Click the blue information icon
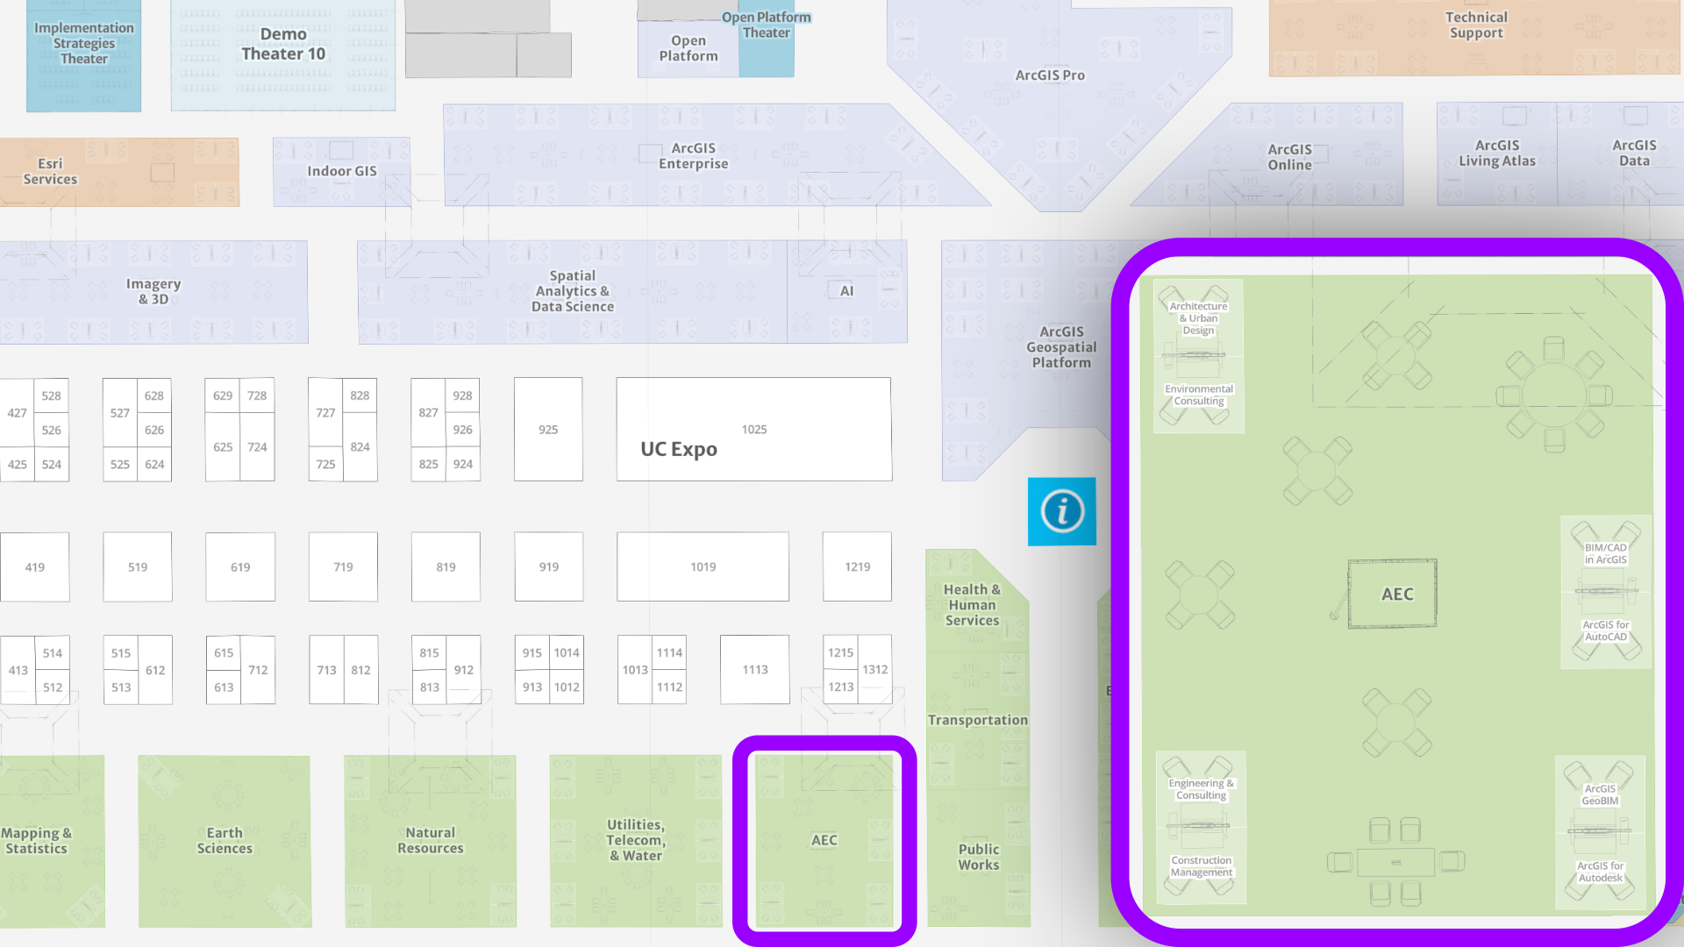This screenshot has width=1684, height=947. tap(1061, 511)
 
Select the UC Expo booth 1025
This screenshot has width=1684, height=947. tap(753, 430)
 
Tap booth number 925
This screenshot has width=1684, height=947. tap(548, 430)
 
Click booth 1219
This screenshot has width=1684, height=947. tap(857, 567)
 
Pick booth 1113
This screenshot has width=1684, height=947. tap(754, 670)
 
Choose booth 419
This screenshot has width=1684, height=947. tap(34, 567)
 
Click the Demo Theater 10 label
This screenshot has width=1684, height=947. tap(283, 44)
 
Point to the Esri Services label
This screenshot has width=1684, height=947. tap(50, 172)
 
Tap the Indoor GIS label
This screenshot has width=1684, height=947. tap(341, 172)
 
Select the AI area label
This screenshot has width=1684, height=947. tap(846, 291)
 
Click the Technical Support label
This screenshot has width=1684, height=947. tap(1476, 25)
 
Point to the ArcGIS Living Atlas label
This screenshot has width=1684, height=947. tap(1496, 153)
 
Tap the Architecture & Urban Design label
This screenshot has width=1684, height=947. tap(1198, 318)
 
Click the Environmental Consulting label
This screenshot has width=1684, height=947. tap(1198, 395)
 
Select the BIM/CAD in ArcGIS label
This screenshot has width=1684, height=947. tap(1605, 553)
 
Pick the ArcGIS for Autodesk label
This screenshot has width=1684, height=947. tap(1600, 872)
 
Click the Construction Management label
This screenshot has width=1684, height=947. tap(1201, 866)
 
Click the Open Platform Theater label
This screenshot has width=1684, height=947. tap(766, 25)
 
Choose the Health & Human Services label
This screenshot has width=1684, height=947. tap(972, 605)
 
